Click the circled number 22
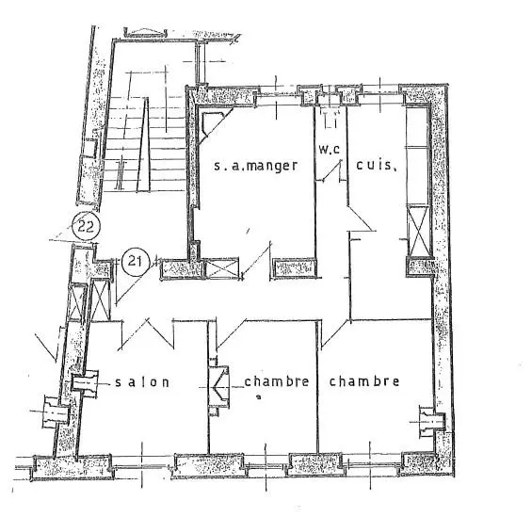pos(86,227)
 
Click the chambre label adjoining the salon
pos(277,381)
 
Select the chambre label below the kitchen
pos(363,381)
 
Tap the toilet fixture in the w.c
pos(330,118)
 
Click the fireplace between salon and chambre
pos(218,383)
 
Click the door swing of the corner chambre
pos(331,329)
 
